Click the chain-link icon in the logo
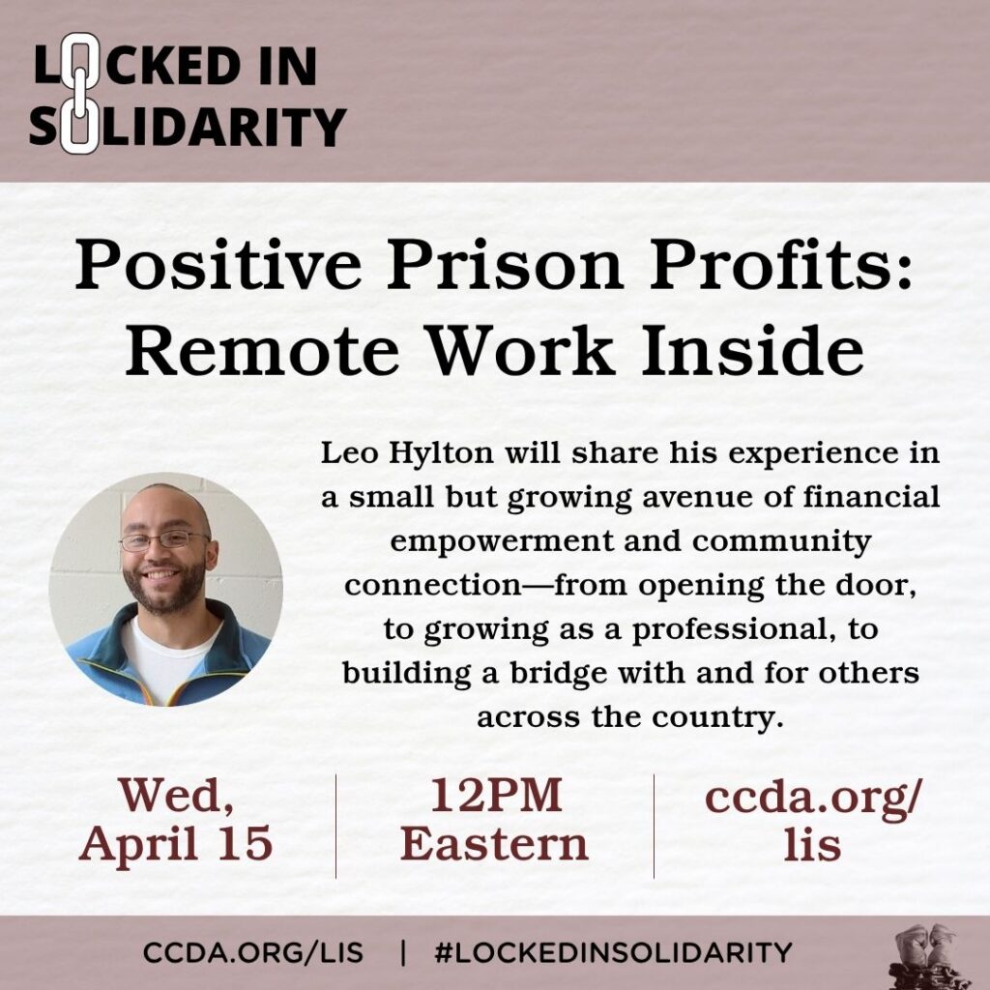pyautogui.click(x=78, y=94)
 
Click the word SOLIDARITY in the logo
pyautogui.click(x=188, y=127)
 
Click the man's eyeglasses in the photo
pyautogui.click(x=163, y=539)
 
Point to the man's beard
pyautogui.click(x=164, y=591)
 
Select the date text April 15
pyautogui.click(x=176, y=844)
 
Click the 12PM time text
pyautogui.click(x=495, y=797)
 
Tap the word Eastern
pyautogui.click(x=495, y=844)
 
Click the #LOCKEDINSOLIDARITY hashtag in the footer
pyautogui.click(x=613, y=952)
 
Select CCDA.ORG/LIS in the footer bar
pyautogui.click(x=253, y=952)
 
